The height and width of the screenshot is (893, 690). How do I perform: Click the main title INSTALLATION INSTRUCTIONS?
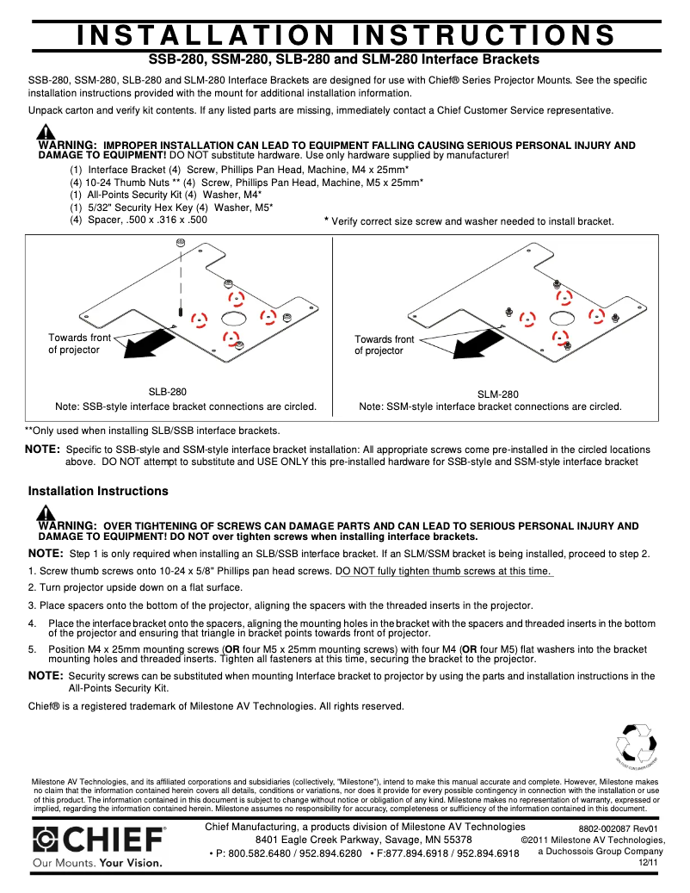(x=345, y=34)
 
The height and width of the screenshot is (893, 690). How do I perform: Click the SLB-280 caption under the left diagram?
(x=168, y=391)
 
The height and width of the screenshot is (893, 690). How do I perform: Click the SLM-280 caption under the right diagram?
(x=498, y=394)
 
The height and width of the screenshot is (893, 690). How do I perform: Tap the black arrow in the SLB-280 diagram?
(x=149, y=344)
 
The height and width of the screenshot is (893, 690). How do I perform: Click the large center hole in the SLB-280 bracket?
(x=234, y=318)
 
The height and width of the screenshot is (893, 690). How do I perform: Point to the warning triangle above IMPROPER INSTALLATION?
(x=46, y=133)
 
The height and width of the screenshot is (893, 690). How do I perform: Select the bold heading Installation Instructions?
(x=98, y=491)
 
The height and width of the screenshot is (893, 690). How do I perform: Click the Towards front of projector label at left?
(x=79, y=344)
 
